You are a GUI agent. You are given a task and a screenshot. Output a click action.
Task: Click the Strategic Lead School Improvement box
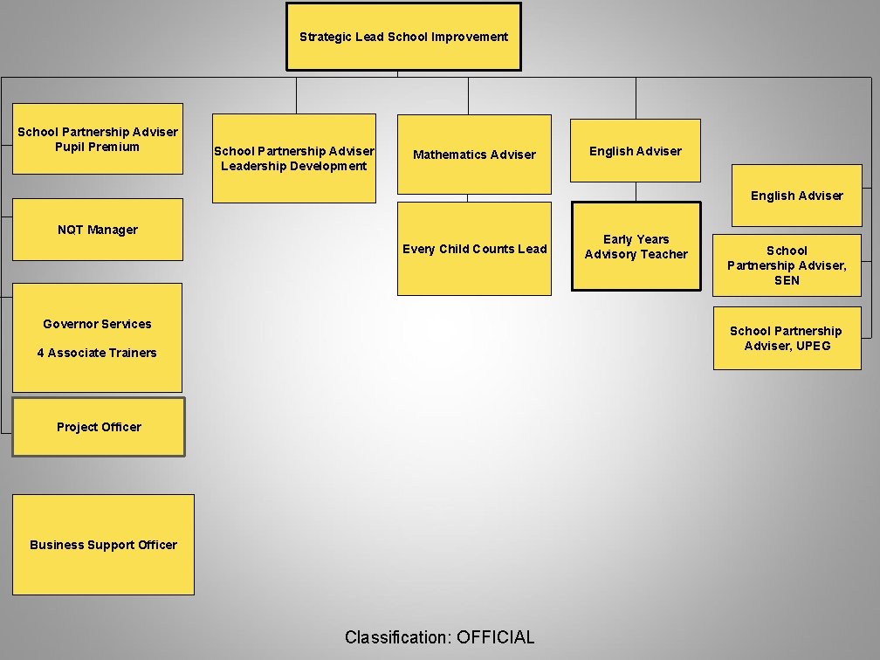coord(403,37)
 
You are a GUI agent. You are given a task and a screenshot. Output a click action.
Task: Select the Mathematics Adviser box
coord(474,155)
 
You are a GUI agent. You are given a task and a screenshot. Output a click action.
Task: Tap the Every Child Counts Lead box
coord(474,249)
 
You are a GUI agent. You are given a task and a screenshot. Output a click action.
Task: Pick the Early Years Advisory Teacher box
coord(636,246)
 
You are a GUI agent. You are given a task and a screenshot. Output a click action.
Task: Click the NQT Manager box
coord(98,230)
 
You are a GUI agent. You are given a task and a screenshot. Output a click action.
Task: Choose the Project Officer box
coord(99,427)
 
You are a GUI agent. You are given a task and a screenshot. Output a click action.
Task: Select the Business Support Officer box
coord(103,545)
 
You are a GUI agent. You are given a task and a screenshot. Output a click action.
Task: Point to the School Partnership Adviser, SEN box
coord(787,265)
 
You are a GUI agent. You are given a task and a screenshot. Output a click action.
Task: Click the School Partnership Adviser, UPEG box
coord(787,338)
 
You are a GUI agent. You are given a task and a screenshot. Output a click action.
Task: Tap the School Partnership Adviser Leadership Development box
coord(294,158)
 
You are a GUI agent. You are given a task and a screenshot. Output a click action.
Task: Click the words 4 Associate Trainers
coord(97,353)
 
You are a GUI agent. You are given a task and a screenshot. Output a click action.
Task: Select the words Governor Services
coord(97,324)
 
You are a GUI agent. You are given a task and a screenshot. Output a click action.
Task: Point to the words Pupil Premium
coord(97,147)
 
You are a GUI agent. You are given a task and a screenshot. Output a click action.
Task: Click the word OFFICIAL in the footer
coord(495,637)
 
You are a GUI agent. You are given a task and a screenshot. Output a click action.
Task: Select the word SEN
coord(787,280)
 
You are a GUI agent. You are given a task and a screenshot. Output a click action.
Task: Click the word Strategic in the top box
coord(325,37)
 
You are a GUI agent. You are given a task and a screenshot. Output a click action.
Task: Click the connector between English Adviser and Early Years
coord(636,192)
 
